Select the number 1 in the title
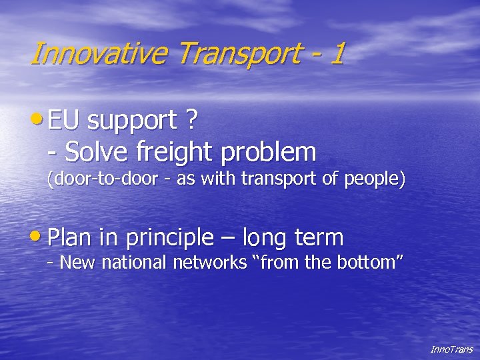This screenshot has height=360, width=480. (x=336, y=53)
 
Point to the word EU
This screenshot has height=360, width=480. (x=64, y=121)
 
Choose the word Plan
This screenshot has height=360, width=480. (x=71, y=237)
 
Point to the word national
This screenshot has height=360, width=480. (x=132, y=263)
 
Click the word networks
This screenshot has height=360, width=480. (x=210, y=263)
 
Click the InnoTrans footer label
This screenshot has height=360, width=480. (x=451, y=349)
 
